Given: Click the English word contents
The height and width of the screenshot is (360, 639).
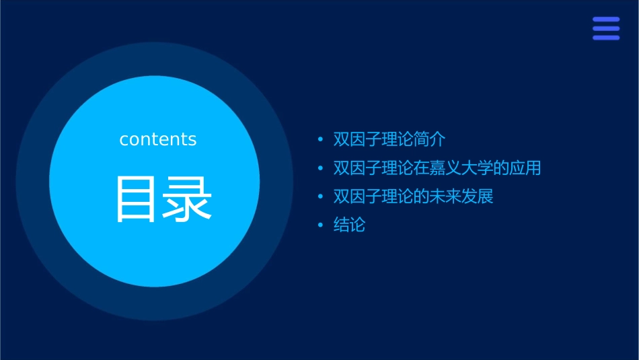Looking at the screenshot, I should pyautogui.click(x=158, y=139).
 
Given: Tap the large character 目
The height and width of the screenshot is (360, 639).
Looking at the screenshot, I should pyautogui.click(x=137, y=199).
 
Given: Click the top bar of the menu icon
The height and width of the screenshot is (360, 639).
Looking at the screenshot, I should pyautogui.click(x=605, y=20).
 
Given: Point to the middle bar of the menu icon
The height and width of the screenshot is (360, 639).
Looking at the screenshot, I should pyautogui.click(x=605, y=29).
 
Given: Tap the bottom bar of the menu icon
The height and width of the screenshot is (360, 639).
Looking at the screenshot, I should pyautogui.click(x=605, y=38).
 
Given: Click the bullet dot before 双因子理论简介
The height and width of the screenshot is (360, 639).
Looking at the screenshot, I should pyautogui.click(x=320, y=140).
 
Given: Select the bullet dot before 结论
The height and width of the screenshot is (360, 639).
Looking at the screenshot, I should pyautogui.click(x=320, y=225).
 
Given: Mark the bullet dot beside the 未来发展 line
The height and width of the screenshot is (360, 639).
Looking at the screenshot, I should pyautogui.click(x=320, y=197).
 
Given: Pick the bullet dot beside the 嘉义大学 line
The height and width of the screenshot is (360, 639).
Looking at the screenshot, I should pyautogui.click(x=320, y=168).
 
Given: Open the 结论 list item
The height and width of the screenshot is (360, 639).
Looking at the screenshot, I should pyautogui.click(x=349, y=225).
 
